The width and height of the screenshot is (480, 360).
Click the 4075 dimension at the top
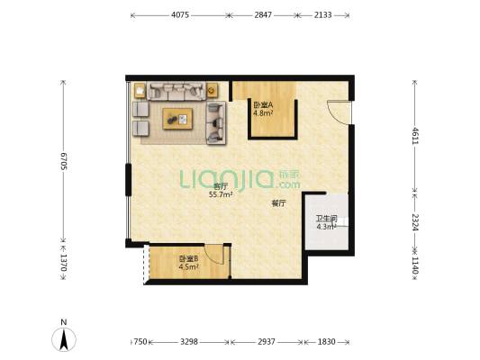point(180,15)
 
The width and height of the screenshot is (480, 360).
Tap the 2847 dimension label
point(263,15)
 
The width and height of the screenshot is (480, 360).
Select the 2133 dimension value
point(322,15)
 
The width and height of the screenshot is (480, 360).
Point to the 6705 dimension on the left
point(63,161)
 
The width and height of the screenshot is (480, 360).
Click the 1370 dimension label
point(63,263)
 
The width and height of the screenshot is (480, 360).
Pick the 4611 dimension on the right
point(415,136)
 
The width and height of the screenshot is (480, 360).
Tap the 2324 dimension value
point(415,222)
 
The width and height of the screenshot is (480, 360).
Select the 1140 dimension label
point(415,265)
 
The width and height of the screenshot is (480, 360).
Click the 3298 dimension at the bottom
point(189,342)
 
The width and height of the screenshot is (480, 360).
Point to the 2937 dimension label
point(267,342)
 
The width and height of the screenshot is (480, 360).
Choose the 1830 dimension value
point(326,342)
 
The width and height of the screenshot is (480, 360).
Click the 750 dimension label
point(140,342)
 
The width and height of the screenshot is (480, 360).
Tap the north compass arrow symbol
point(64,339)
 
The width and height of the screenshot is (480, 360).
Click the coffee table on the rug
point(177,119)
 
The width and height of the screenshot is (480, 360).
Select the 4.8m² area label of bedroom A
point(263,113)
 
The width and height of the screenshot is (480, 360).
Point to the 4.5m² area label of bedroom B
point(188,267)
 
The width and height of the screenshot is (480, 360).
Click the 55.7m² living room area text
point(221,194)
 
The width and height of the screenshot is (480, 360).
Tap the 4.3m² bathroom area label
point(326,227)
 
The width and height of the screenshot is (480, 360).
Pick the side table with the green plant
point(212,90)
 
